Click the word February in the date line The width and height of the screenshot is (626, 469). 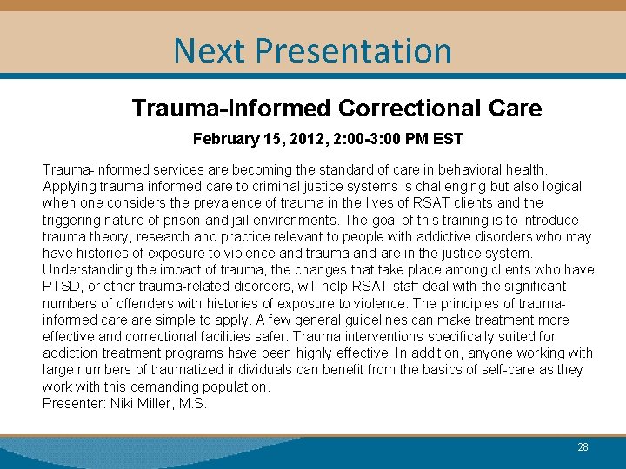(224, 139)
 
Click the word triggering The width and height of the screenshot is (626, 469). (72, 220)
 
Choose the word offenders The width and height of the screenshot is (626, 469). (125, 303)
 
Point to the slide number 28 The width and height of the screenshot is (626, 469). (583, 447)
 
